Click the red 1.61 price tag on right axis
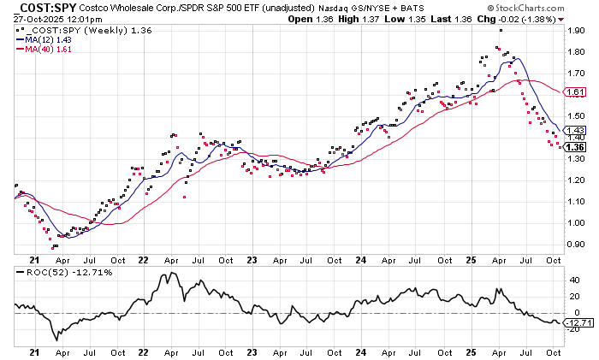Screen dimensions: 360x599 tap(576, 91)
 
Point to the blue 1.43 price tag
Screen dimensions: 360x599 tap(576, 131)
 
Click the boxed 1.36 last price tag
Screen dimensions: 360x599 tap(576, 146)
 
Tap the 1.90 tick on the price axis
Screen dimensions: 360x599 tap(575, 30)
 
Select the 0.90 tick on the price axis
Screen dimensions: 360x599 tap(575, 244)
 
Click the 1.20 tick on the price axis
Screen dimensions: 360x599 tap(575, 180)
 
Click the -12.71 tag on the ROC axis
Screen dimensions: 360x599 tap(578, 322)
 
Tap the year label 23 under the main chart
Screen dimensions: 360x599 tap(252, 260)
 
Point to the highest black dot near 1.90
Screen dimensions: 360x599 tap(501, 30)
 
